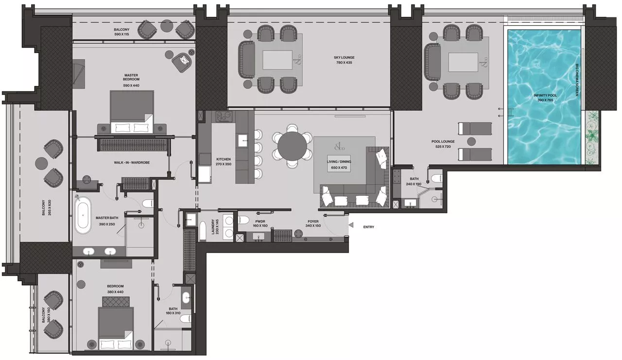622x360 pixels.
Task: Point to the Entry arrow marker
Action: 351,225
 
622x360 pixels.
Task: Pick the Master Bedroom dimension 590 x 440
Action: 131,86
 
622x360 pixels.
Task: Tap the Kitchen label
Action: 224,159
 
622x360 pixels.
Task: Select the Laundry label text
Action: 213,227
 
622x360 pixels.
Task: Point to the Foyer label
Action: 313,221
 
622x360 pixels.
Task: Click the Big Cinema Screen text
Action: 577,80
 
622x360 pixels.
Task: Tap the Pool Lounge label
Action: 442,142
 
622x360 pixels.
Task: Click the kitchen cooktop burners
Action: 225,117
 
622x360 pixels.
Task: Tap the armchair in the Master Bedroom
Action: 183,61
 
